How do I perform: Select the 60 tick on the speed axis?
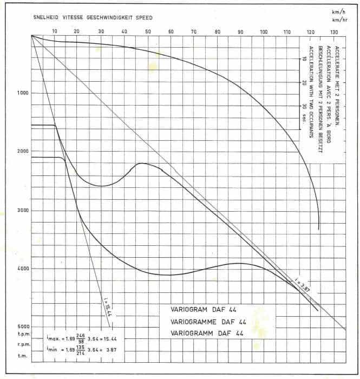click(x=171, y=32)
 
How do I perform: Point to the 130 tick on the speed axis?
click(x=333, y=32)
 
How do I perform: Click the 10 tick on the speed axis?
click(x=54, y=32)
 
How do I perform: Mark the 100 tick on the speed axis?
click(x=264, y=32)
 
